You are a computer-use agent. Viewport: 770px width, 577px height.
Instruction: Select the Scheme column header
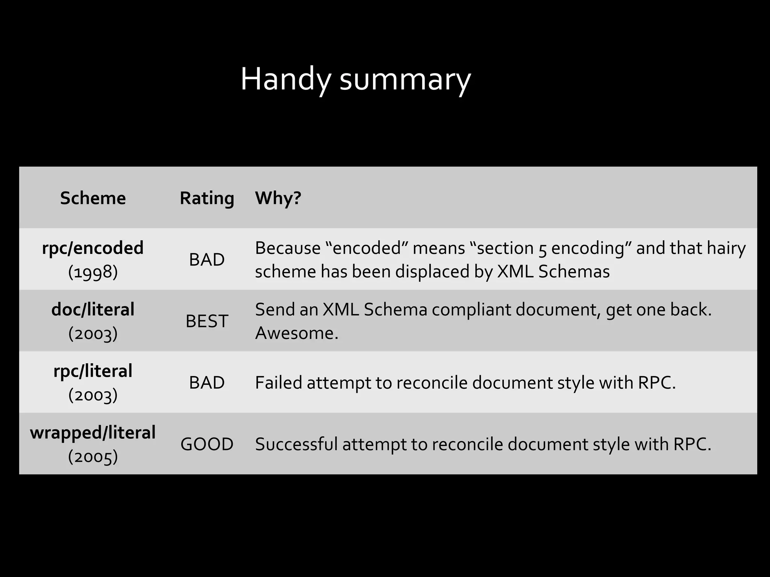[x=93, y=198]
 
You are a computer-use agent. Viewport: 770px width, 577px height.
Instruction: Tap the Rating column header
[x=207, y=198]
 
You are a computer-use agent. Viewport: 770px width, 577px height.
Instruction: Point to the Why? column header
[x=278, y=198]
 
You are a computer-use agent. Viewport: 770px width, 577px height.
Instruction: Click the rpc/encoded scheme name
[x=93, y=248]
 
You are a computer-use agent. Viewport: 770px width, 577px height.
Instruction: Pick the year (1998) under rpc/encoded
[x=93, y=272]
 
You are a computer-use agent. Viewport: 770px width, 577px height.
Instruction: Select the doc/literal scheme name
[x=93, y=310]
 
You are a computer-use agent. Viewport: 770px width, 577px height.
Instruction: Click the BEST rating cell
[x=207, y=321]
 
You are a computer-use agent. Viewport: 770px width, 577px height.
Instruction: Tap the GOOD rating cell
[x=207, y=444]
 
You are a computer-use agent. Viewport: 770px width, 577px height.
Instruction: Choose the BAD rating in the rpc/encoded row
[x=207, y=260]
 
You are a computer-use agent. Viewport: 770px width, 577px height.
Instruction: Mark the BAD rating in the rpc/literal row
[x=207, y=382]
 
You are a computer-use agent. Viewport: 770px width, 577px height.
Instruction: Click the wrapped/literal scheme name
[x=93, y=432]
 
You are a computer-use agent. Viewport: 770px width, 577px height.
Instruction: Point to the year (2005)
[x=93, y=456]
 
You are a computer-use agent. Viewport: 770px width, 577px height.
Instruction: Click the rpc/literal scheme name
[x=93, y=371]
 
